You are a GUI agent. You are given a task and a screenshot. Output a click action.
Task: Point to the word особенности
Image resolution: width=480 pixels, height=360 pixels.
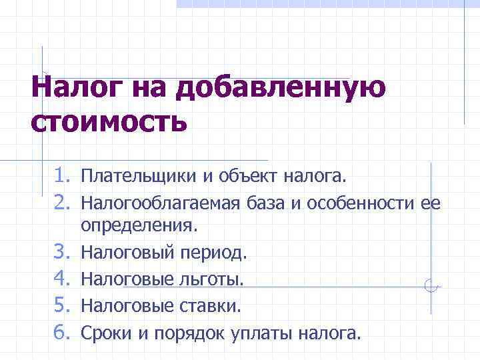[x=363, y=203]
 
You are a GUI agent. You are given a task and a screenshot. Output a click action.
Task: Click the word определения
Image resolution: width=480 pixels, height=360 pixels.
[x=139, y=227]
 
